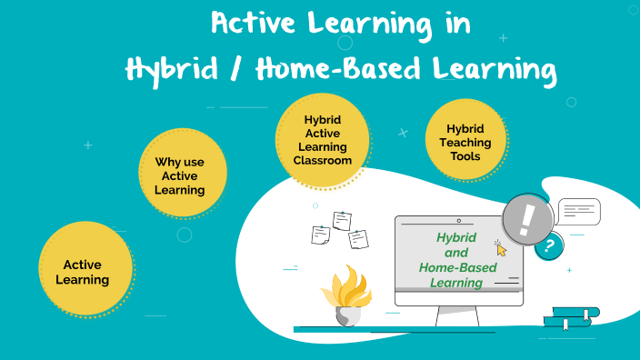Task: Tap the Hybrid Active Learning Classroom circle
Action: point(322,142)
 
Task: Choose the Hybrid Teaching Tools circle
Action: point(465,142)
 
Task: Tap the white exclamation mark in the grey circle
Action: point(526,220)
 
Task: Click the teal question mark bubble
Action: point(548,246)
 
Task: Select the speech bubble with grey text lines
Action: point(578,212)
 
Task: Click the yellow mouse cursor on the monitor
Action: point(500,248)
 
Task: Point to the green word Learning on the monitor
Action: point(456,283)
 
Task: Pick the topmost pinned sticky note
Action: point(342,220)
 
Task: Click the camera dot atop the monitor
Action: point(459,221)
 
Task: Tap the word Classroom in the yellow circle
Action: point(322,160)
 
